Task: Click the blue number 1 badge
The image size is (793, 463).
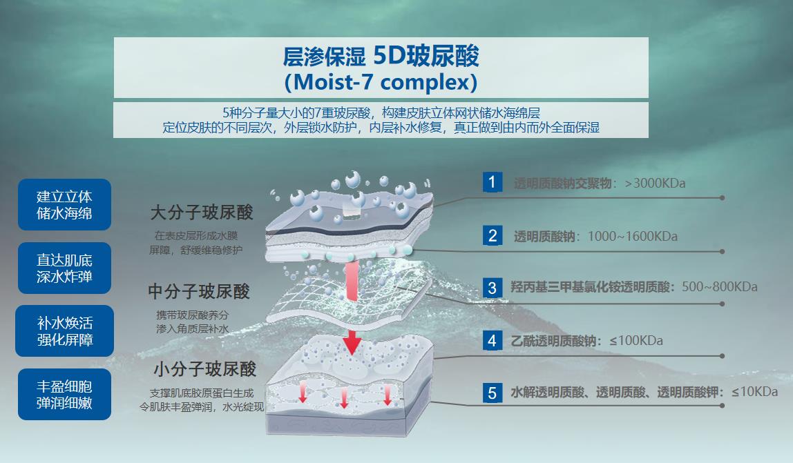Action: click(492, 182)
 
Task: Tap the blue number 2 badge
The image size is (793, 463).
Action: click(492, 235)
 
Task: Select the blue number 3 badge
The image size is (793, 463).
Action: click(492, 288)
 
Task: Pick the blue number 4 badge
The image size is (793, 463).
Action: click(492, 340)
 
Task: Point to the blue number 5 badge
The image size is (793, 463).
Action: click(492, 393)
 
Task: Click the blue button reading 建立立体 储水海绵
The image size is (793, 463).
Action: click(64, 204)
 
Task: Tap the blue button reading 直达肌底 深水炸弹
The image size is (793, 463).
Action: click(64, 268)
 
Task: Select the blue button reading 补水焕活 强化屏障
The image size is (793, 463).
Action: click(64, 331)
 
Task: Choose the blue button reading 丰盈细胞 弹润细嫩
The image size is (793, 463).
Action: click(64, 394)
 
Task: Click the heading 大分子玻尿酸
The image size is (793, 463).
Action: click(201, 213)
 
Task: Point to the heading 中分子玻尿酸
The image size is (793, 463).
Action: click(199, 291)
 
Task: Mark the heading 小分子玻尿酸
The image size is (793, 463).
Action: click(205, 369)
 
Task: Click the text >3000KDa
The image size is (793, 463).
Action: click(655, 183)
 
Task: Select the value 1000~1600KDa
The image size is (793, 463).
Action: click(633, 236)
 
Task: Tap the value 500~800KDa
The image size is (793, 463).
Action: click(720, 287)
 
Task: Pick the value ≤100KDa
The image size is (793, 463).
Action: click(636, 341)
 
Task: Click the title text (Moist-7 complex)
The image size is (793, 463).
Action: click(381, 82)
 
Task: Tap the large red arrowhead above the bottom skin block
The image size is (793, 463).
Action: click(352, 343)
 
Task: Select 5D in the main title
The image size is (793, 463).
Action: click(390, 55)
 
